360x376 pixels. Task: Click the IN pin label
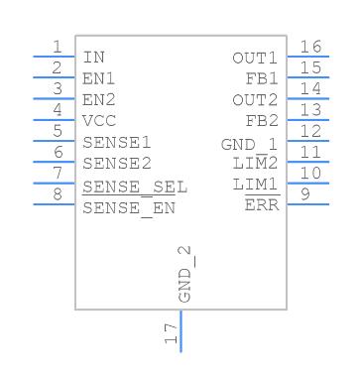[x=93, y=58]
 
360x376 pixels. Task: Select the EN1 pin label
[x=98, y=78]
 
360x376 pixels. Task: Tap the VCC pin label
[x=99, y=121]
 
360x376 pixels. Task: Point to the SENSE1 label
[x=117, y=143]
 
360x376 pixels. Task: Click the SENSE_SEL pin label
[x=135, y=188]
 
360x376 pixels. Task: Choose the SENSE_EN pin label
[x=129, y=208]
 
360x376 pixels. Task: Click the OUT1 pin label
[x=255, y=59]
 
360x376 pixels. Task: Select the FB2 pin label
[x=262, y=121]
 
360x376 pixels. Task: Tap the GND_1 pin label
[x=250, y=145]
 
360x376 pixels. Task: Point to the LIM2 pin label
[x=255, y=164]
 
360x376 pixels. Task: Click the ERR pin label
[x=262, y=205]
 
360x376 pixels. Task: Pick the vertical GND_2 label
[x=184, y=274]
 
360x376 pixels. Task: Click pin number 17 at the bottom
[x=172, y=333]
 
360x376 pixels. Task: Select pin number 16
[x=310, y=47]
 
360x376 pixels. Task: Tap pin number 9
[x=305, y=194]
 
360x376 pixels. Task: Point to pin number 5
[x=58, y=131]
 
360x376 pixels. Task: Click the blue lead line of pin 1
[x=55, y=57]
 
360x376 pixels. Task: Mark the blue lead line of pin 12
[x=308, y=141]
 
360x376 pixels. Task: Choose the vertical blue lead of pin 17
[x=180, y=331]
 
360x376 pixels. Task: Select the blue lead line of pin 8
[x=55, y=204]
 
